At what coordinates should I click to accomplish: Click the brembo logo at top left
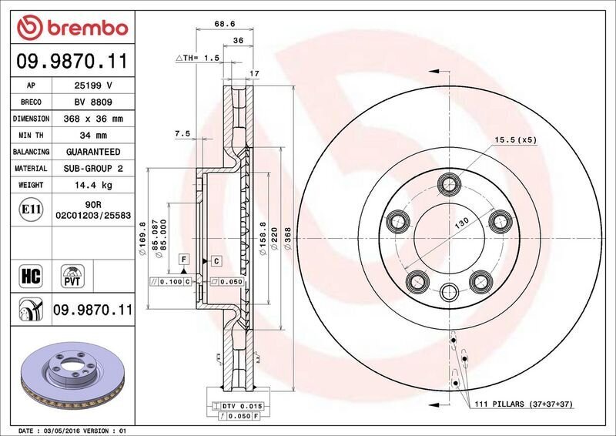[x=72, y=28]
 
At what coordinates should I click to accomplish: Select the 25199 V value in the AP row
[x=93, y=86]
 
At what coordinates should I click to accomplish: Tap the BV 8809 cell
[x=93, y=102]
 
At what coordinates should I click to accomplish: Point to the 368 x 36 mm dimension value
[x=93, y=119]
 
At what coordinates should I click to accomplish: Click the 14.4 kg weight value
[x=93, y=185]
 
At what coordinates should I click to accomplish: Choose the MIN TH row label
[x=31, y=136]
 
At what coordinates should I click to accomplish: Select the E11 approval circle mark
[x=31, y=210]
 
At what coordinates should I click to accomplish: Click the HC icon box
[x=31, y=276]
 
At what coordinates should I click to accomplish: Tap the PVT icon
[x=72, y=276]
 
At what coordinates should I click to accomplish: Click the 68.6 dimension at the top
[x=225, y=24]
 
